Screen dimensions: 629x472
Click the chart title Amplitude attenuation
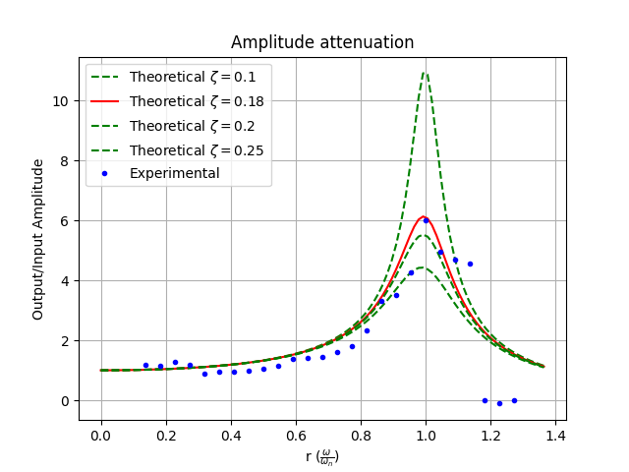point(322,42)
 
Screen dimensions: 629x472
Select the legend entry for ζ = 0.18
point(177,101)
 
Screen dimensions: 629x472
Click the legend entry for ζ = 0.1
point(173,77)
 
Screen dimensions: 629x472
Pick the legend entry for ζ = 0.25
point(177,150)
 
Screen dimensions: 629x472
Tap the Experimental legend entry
point(160,173)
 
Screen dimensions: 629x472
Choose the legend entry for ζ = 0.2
point(173,126)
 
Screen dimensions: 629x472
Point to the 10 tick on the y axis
point(61,101)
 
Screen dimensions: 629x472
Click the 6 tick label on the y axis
point(65,221)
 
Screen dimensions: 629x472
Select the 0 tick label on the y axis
point(65,401)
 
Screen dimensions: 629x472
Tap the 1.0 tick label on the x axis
point(426,436)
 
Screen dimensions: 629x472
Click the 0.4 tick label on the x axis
point(231,436)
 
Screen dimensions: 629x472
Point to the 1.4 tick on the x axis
point(555,436)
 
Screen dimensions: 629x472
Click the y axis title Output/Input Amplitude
point(37,240)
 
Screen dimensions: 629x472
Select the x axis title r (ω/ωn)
point(322,456)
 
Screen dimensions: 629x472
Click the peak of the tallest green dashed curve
point(426,73)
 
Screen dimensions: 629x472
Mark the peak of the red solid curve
point(424,216)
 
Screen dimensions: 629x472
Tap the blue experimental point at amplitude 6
point(426,220)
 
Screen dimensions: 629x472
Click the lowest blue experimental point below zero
point(499,403)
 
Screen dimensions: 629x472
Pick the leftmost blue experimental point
point(145,365)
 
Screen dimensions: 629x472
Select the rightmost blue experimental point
point(514,400)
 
